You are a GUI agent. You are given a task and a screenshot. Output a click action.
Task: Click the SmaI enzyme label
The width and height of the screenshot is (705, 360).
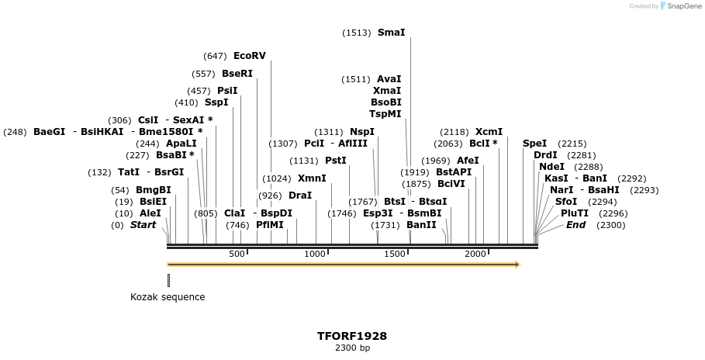coord(391,33)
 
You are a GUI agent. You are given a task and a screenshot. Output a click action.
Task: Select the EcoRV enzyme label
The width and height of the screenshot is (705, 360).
coord(249,56)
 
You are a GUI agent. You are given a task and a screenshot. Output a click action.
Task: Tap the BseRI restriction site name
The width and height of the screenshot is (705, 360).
coord(237,74)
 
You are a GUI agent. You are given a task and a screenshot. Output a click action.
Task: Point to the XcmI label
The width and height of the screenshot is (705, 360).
coord(489,132)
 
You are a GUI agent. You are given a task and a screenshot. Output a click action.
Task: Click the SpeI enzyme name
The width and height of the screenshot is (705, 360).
coord(534,144)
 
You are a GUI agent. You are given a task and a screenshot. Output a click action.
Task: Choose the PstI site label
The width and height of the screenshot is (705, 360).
coord(335,161)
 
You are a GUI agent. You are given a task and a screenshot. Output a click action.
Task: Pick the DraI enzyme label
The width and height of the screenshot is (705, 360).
coord(300,196)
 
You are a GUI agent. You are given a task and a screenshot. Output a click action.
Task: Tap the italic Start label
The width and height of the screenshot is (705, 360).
coord(143,225)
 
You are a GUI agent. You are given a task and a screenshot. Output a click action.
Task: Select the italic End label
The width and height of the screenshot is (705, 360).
coord(575,225)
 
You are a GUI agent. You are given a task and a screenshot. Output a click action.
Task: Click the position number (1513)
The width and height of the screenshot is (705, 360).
coord(357,33)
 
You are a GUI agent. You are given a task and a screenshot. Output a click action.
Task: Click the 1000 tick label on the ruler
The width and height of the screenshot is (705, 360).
coord(315,254)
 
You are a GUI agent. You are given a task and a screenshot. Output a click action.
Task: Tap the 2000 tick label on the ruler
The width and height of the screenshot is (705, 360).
coord(475,254)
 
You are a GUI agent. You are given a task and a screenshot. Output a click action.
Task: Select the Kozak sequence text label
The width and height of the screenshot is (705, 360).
coord(168,297)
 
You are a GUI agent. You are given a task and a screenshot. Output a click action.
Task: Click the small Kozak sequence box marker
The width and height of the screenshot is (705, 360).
coord(168,279)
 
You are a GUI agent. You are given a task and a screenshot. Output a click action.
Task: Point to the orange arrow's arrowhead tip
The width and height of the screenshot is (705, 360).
coord(519,265)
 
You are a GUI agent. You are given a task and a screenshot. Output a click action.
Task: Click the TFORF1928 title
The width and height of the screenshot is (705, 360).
coord(352,336)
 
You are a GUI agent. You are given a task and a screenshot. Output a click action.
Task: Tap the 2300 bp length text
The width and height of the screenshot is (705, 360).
coord(352,348)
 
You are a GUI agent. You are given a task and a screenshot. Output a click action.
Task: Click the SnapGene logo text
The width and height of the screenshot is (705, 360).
coord(683,6)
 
